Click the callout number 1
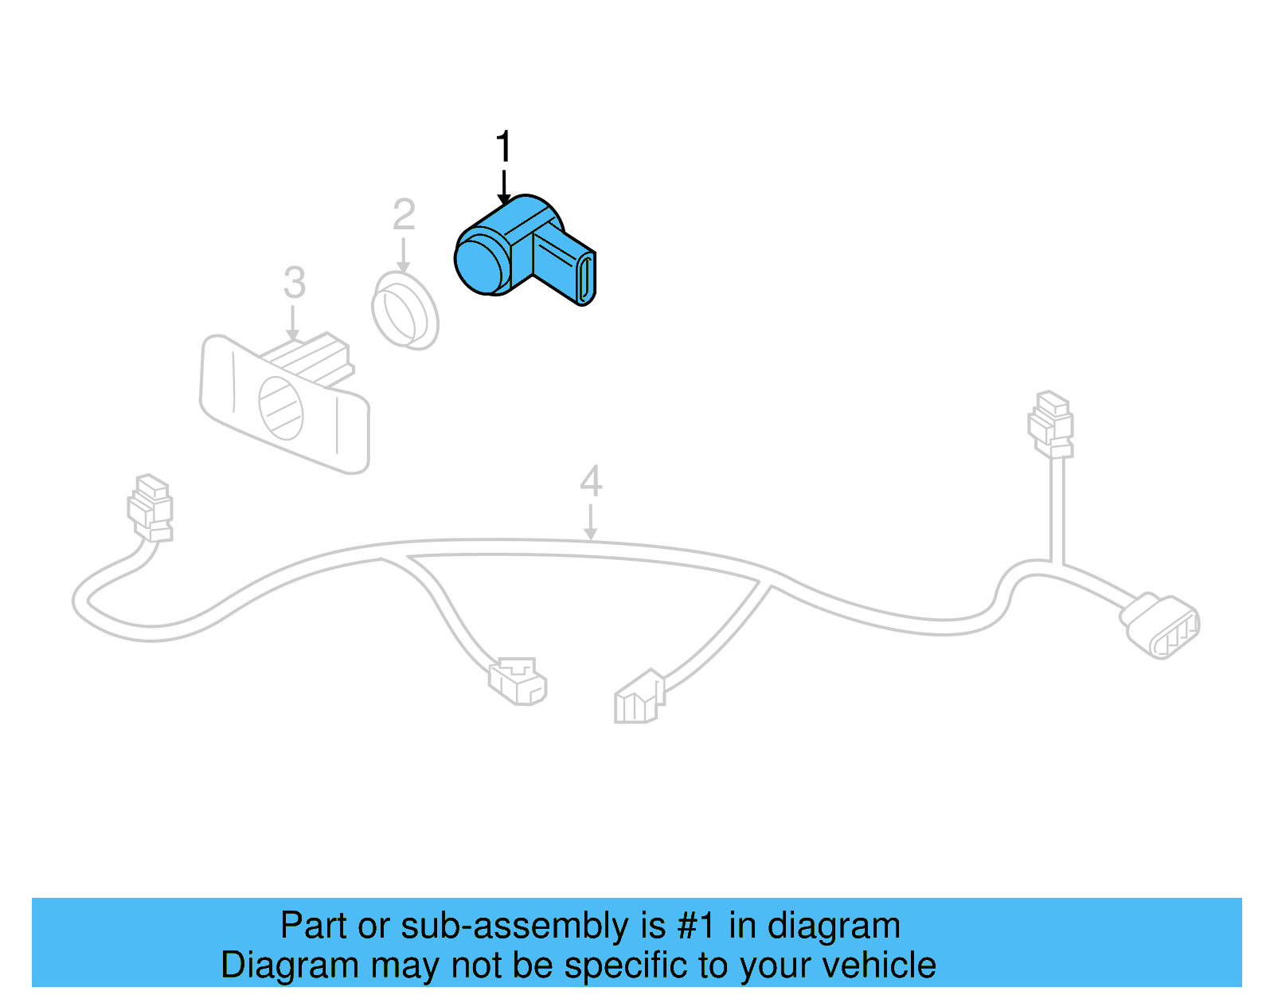(x=503, y=147)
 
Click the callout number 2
(x=404, y=215)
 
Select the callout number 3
(x=295, y=283)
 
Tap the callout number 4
(x=591, y=481)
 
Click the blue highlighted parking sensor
(x=522, y=251)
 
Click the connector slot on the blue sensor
(x=584, y=279)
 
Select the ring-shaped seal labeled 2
(x=404, y=311)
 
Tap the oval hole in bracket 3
(x=281, y=409)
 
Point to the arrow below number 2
(x=404, y=257)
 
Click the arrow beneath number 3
(x=293, y=325)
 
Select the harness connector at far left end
(x=150, y=507)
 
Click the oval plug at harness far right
(x=1160, y=625)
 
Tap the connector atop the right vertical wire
(x=1051, y=422)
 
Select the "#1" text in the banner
(x=695, y=926)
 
